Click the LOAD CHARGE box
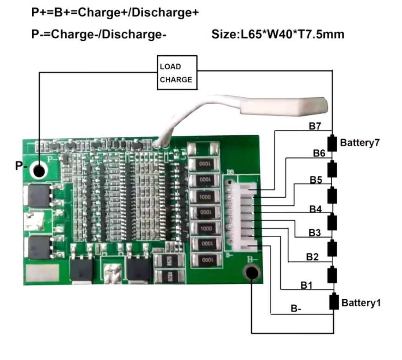[177, 73]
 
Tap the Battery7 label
[360, 142]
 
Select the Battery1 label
[361, 303]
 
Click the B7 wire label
[315, 126]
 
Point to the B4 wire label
[315, 209]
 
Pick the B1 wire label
[306, 285]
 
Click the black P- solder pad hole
[39, 171]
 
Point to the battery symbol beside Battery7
[333, 143]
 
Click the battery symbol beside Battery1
[333, 301]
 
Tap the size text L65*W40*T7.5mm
[278, 34]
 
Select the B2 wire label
[312, 257]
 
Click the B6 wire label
[319, 153]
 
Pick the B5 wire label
[316, 180]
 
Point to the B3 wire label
[314, 233]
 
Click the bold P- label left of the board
[21, 166]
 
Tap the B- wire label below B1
[296, 309]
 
